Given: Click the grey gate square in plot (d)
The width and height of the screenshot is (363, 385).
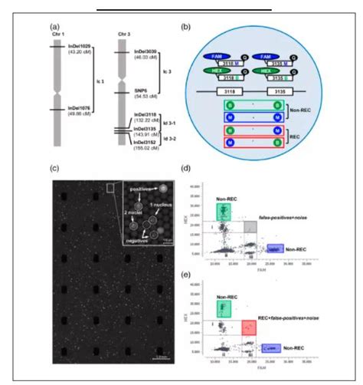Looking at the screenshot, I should (x=249, y=226).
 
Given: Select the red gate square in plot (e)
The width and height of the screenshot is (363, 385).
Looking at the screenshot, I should (x=249, y=327).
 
